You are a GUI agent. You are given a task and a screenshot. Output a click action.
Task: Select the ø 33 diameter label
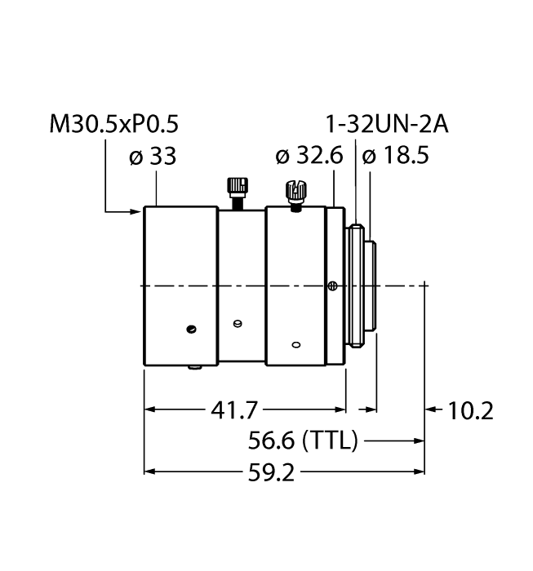tap(153, 157)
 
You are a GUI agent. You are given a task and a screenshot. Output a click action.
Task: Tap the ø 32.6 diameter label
tap(309, 156)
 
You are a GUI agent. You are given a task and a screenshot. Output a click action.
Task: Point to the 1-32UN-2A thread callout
tap(387, 124)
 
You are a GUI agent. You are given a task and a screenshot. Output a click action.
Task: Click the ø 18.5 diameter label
tap(395, 157)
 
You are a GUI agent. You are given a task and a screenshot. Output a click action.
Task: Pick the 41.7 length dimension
tap(234, 410)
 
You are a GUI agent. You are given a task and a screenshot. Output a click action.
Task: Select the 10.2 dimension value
tap(470, 411)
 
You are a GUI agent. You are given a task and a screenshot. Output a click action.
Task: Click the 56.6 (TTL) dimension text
tap(303, 440)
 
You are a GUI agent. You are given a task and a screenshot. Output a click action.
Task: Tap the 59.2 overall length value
tap(271, 473)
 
